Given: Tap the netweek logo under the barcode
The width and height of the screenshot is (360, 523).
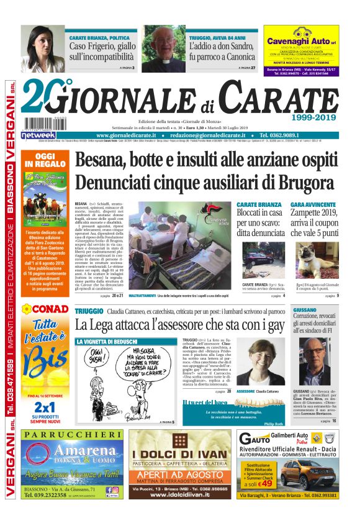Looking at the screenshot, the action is (38, 134).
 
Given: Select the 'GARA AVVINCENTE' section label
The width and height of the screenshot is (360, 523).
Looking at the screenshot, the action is (313, 204).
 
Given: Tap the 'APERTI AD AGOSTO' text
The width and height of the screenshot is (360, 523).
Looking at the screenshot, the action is (176, 474).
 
